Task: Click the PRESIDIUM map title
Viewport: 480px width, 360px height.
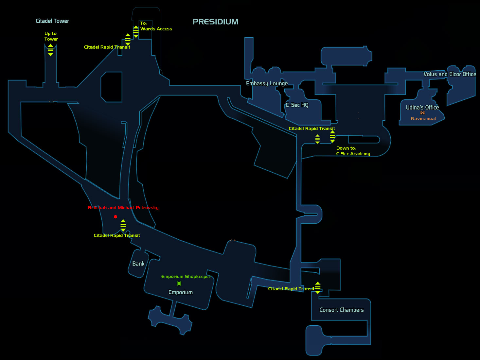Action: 215,22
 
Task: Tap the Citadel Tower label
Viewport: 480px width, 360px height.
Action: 52,21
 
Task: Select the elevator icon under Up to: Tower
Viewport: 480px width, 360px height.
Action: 50,50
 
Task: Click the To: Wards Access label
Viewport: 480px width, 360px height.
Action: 156,26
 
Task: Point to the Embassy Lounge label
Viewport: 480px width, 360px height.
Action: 267,83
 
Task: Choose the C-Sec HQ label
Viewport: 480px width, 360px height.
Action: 297,105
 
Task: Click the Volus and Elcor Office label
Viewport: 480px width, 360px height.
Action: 450,74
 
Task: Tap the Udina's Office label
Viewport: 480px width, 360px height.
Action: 422,107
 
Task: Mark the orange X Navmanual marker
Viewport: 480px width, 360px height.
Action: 422,113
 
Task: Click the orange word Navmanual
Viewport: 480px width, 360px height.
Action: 423,119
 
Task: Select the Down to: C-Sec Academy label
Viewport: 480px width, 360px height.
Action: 353,151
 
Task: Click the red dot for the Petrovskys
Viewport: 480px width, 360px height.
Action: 116,217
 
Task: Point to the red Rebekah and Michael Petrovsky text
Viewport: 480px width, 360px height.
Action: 123,208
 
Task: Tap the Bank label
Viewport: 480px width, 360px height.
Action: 138,264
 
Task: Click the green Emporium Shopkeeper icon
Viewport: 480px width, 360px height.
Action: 179,283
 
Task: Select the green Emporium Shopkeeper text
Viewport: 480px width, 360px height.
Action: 186,277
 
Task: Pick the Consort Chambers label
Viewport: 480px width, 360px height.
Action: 341,310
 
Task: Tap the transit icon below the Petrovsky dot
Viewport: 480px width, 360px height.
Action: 123,225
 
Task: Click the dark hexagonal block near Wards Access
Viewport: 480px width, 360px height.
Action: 111,87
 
